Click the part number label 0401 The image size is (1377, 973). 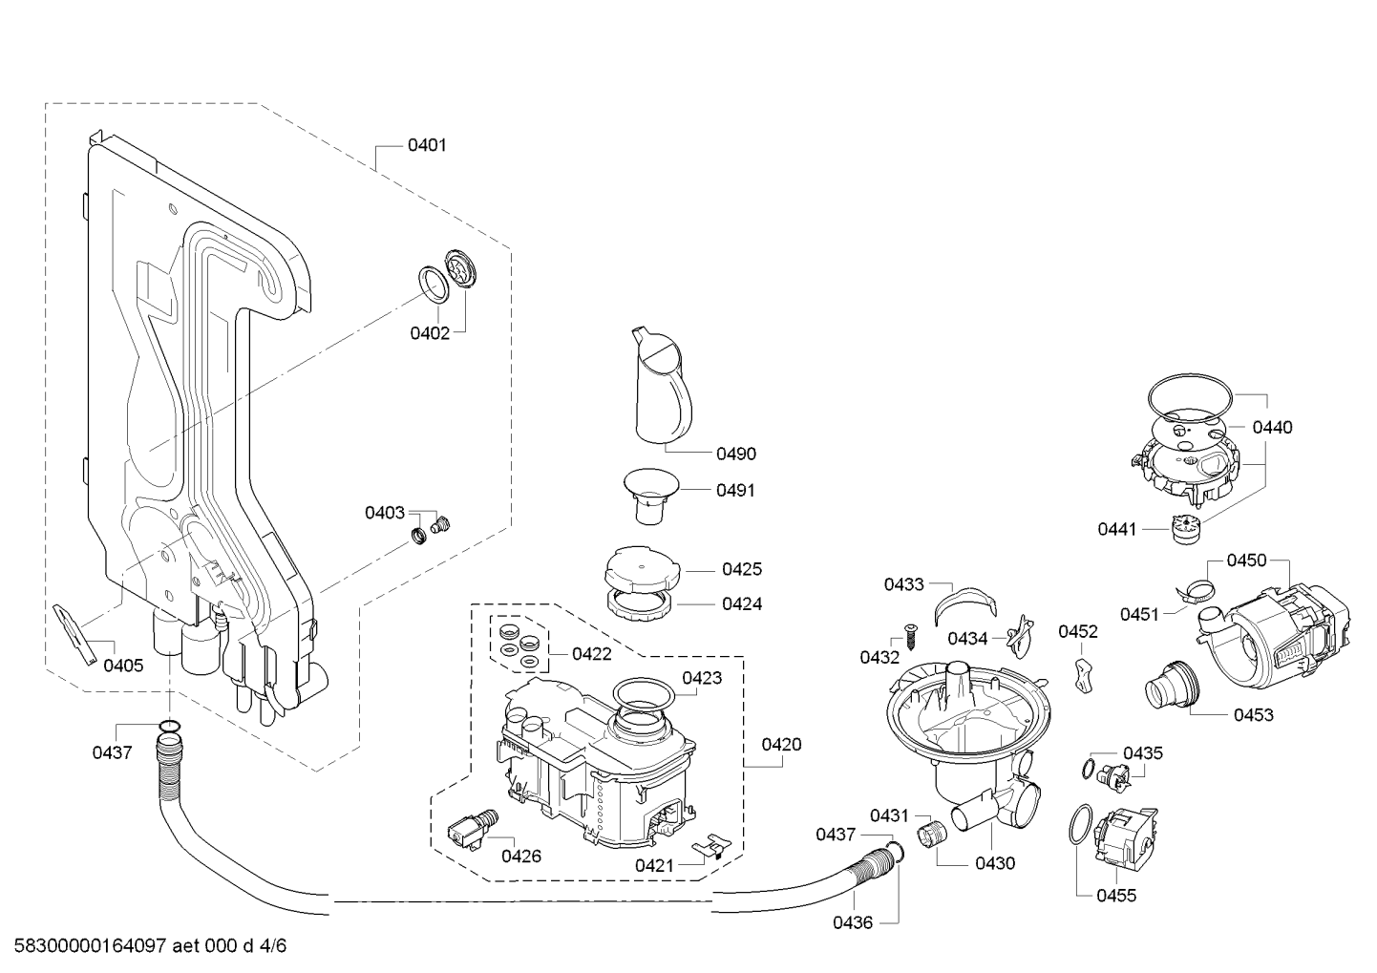click(x=427, y=145)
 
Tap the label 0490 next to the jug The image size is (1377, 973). click(x=736, y=454)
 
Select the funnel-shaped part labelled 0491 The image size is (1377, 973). click(x=651, y=497)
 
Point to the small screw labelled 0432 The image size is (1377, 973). click(x=910, y=635)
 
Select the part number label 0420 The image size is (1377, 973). click(x=781, y=745)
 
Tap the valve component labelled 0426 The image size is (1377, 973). click(x=473, y=830)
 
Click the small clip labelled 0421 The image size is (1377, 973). click(x=710, y=846)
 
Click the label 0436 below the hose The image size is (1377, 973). click(x=853, y=922)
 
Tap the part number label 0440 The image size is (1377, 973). click(x=1273, y=427)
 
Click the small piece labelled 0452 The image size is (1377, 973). click(x=1085, y=675)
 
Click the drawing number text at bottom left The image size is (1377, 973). click(x=150, y=945)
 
